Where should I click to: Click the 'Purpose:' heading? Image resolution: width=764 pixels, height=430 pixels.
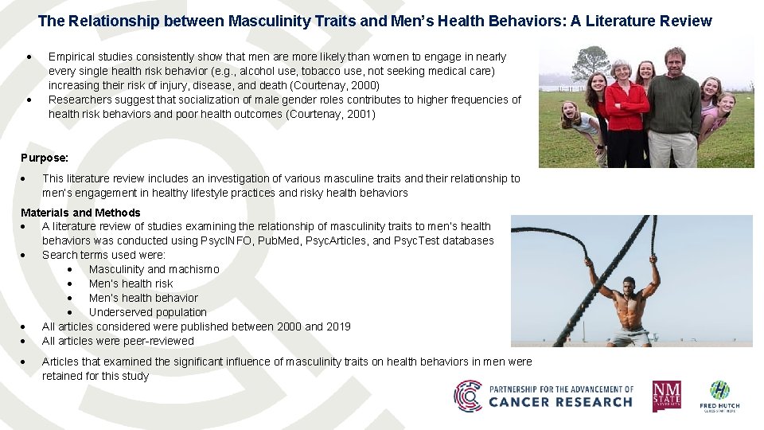(x=45, y=158)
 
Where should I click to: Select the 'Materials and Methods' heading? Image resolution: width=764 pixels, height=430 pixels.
(x=80, y=213)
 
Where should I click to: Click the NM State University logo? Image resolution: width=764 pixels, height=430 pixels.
(x=666, y=396)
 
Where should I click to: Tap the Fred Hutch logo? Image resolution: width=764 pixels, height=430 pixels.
(x=719, y=395)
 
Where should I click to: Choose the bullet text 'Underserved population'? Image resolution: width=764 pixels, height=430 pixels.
(x=148, y=312)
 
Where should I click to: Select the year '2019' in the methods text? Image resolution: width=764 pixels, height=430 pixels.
(x=337, y=326)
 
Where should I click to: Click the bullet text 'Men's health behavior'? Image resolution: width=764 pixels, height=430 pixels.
(x=143, y=298)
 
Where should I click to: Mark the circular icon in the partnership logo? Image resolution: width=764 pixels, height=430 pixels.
(x=468, y=396)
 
